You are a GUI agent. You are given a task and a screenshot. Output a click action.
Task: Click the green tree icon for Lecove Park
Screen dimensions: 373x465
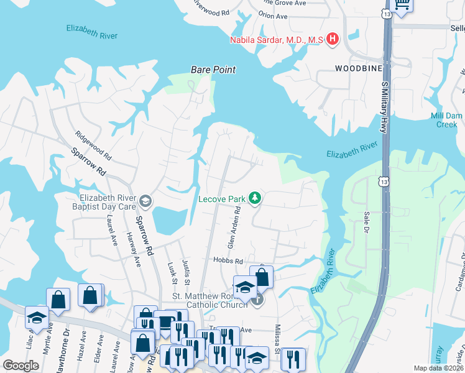click(254, 198)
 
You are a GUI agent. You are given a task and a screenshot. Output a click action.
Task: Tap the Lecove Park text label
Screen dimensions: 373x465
click(222, 200)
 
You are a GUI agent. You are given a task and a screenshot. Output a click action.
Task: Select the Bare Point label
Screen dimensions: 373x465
click(213, 70)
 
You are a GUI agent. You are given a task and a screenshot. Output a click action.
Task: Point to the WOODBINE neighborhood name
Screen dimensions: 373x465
click(358, 68)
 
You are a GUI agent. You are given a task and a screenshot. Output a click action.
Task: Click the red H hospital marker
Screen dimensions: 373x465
click(333, 40)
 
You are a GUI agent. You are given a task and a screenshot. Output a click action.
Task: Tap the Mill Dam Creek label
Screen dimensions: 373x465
click(446, 121)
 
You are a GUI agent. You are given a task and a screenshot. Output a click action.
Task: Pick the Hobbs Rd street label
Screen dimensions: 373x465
click(227, 261)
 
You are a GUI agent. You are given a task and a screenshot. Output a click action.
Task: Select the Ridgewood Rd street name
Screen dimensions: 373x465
click(93, 145)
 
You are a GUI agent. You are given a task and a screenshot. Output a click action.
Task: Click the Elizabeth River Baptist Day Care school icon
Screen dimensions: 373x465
click(146, 200)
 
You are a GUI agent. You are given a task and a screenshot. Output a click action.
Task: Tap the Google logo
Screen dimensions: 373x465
click(21, 366)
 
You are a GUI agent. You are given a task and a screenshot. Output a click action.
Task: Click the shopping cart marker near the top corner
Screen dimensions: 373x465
click(402, 5)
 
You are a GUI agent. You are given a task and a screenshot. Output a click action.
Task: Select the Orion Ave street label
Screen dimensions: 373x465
click(274, 14)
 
